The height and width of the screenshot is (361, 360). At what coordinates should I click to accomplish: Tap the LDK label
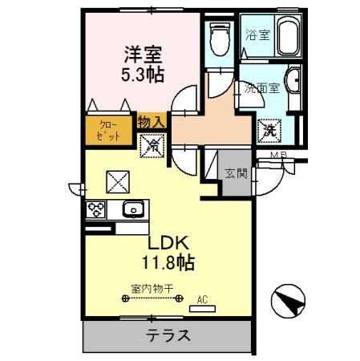[x=166, y=241]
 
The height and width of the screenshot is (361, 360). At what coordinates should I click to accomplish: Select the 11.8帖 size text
[x=167, y=262]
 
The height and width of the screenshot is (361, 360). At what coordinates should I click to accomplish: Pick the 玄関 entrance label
[x=234, y=172]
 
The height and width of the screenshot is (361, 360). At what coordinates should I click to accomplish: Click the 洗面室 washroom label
[x=264, y=88]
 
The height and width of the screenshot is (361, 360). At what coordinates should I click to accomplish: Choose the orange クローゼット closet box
[x=110, y=131]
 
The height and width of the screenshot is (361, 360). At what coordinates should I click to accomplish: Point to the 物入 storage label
[x=152, y=122]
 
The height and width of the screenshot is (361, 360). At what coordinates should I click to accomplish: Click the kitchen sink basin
[x=132, y=210]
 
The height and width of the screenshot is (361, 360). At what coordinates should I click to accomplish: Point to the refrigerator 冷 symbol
[x=152, y=146]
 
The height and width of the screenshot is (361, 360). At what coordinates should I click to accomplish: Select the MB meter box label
[x=278, y=155]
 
